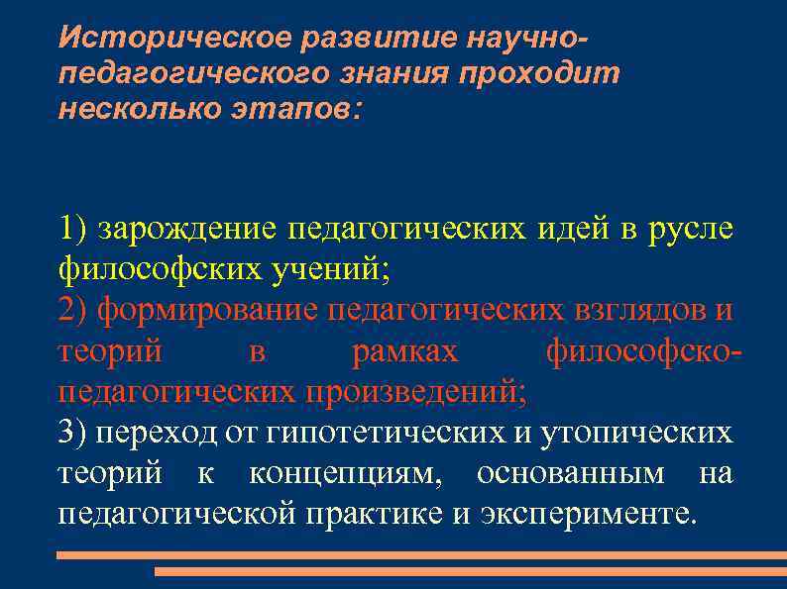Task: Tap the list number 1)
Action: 73,229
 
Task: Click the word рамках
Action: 405,351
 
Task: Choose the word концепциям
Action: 342,474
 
